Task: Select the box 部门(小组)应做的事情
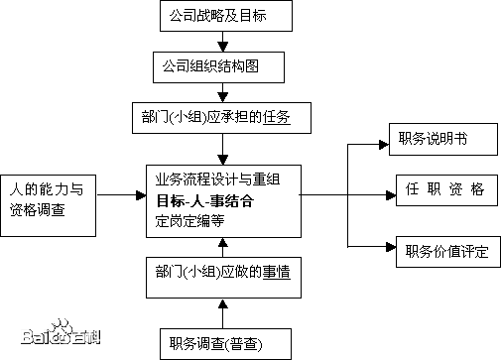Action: click(222, 271)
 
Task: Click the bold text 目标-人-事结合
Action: click(204, 201)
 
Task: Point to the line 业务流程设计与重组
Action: click(217, 180)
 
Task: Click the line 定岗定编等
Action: click(190, 221)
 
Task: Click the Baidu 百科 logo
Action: click(61, 332)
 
